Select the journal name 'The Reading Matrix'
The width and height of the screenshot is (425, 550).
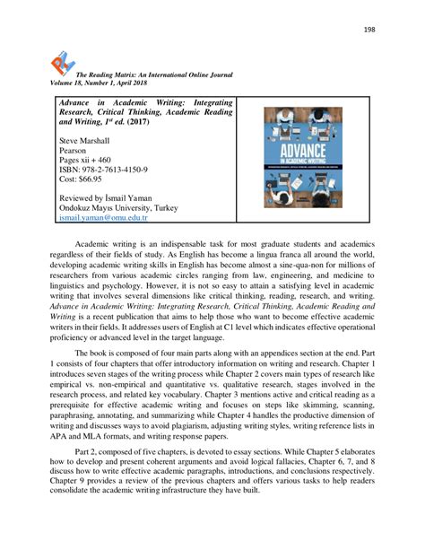[115, 79]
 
